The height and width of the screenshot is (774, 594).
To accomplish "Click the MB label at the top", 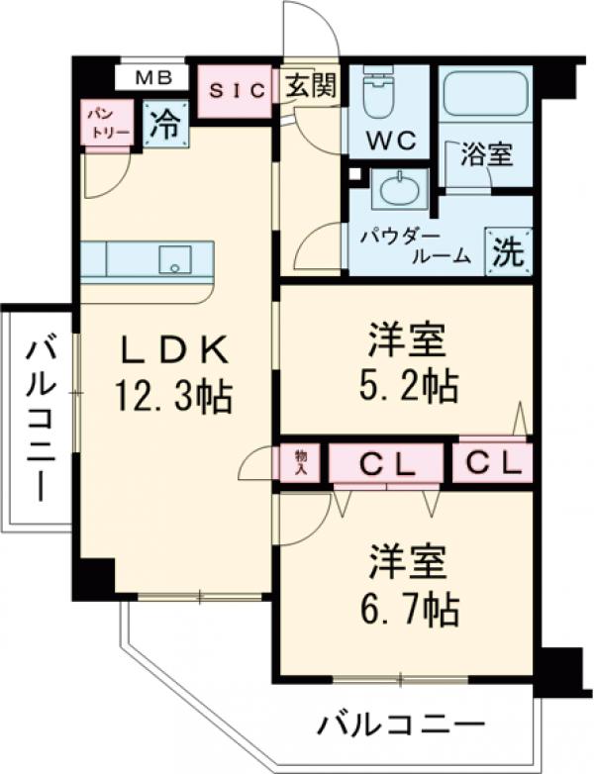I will [x=153, y=76].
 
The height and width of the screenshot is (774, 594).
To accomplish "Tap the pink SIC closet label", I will [x=237, y=91].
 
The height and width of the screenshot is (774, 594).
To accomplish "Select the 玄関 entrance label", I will [x=311, y=86].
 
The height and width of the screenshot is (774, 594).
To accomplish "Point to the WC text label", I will [x=389, y=141].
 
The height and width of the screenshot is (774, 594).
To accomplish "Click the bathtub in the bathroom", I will [x=485, y=96].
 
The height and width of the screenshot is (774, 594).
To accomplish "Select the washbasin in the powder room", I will [x=399, y=188].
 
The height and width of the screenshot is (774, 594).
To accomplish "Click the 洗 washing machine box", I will [x=508, y=251].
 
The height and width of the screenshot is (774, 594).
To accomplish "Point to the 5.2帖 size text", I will [x=408, y=384].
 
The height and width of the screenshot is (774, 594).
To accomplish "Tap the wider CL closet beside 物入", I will [x=385, y=462].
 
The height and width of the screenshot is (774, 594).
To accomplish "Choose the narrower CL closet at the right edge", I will [x=493, y=462].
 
